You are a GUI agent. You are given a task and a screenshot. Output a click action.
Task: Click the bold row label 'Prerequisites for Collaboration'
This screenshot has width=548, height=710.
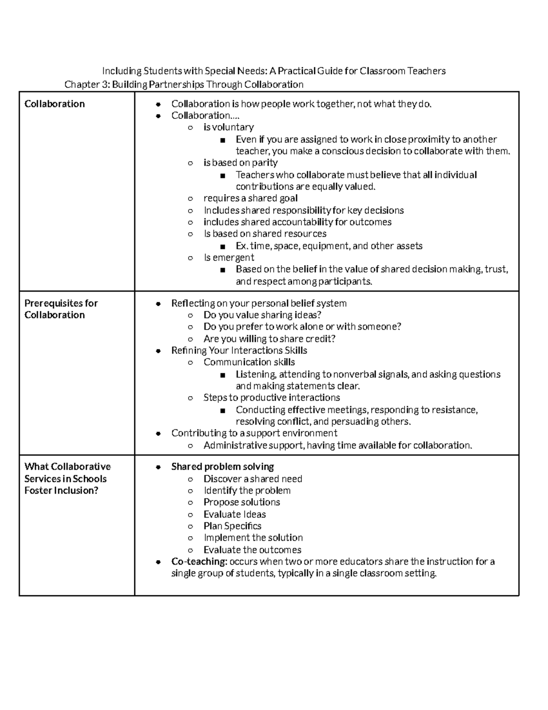pos(61,309)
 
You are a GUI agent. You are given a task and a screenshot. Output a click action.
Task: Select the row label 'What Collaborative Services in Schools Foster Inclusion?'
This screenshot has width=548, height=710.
pos(67,479)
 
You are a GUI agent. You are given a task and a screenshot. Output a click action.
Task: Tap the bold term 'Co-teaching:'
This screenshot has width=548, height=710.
pos(199,561)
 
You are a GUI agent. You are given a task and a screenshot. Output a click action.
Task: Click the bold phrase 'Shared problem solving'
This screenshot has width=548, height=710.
pos(222,467)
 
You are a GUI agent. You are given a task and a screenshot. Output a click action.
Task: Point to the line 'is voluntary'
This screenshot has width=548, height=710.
pos(228,127)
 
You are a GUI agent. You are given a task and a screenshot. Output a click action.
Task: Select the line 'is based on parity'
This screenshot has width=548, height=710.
pos(240,163)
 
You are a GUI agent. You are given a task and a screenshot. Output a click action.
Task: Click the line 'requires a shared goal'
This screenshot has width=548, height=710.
pos(250,198)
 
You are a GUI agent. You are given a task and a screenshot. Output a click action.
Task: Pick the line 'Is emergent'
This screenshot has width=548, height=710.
pos(229,257)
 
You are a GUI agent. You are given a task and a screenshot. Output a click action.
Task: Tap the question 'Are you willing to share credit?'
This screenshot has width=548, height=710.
pos(269,339)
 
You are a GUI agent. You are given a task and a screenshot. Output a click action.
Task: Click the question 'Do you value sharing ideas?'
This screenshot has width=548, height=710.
pos(262,315)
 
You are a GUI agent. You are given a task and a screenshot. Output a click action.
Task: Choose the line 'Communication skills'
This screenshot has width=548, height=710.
pos(249,362)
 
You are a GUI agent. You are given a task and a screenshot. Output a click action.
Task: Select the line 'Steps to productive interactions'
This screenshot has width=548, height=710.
pos(272,398)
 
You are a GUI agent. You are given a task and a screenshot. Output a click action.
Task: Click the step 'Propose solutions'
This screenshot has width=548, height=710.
pos(242,502)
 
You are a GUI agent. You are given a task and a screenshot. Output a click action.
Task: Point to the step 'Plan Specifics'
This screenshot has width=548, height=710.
pos(232,526)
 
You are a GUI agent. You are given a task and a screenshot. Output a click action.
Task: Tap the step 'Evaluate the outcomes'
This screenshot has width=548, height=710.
pos(252,550)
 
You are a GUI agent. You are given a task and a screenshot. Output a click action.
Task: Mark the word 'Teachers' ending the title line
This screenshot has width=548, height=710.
pos(426,71)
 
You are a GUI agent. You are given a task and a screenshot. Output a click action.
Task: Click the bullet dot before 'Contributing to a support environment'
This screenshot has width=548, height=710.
pos(158,433)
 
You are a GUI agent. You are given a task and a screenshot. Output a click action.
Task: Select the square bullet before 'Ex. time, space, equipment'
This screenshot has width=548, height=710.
pos(222,246)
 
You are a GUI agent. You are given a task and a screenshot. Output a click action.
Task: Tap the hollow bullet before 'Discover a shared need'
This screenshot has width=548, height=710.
pos(190,479)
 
